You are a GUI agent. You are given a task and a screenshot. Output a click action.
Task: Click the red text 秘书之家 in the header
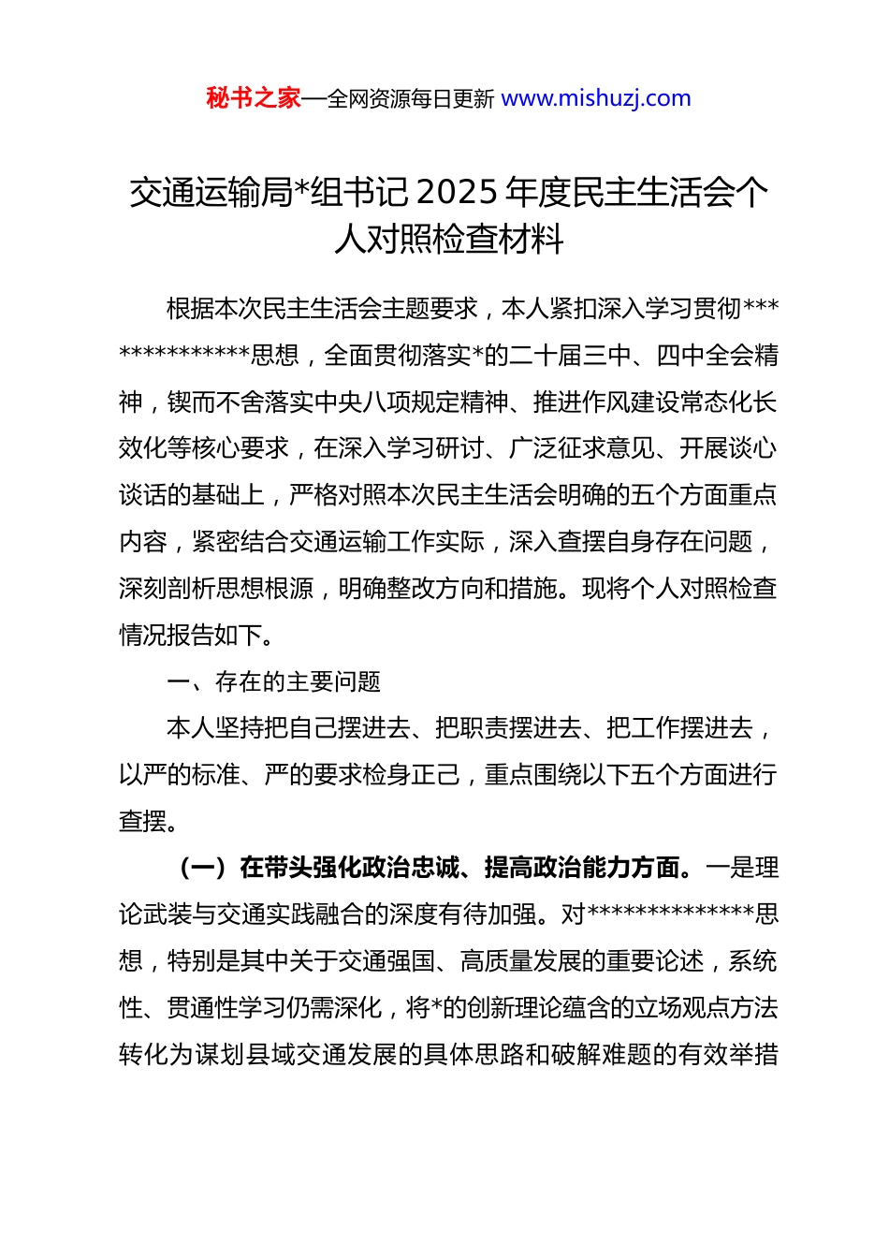tap(254, 98)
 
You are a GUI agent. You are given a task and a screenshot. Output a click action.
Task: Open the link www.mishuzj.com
tap(596, 98)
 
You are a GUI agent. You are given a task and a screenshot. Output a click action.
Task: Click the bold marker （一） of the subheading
tap(203, 869)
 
